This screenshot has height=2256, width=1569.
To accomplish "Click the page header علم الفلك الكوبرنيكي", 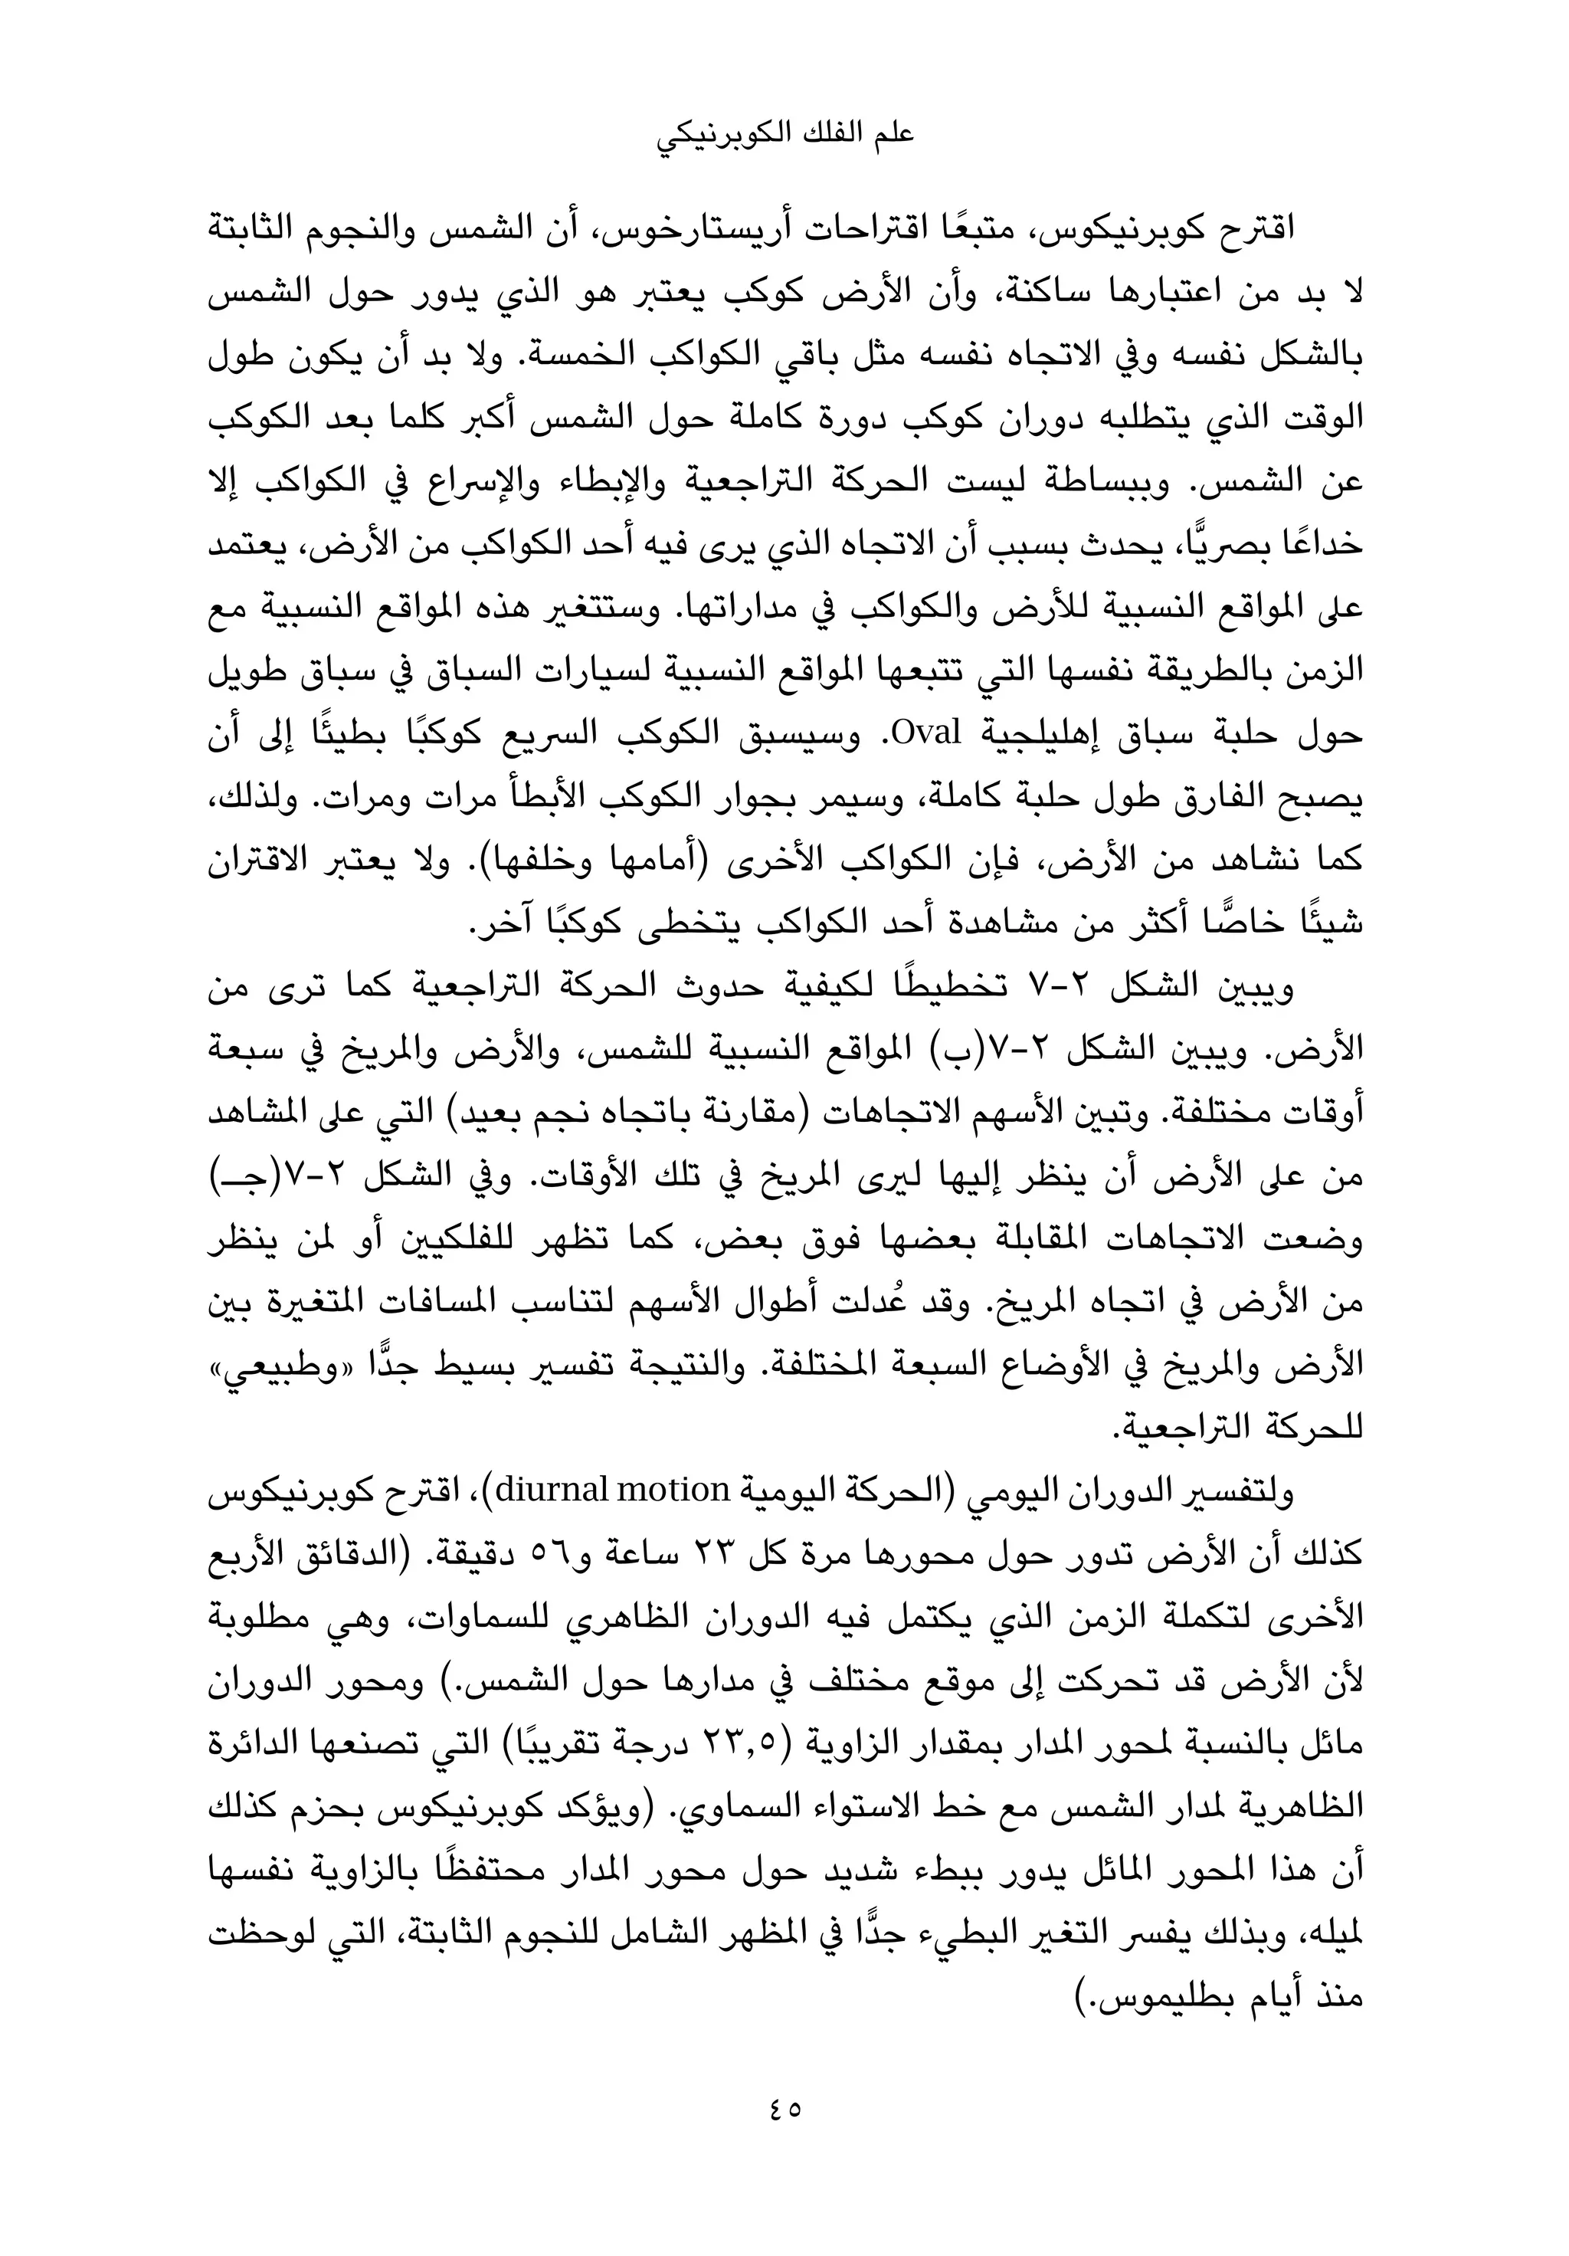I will [784, 135].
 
